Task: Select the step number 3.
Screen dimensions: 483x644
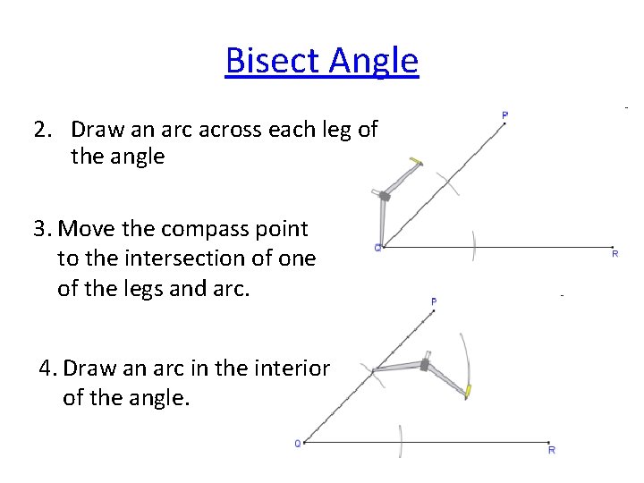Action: click(42, 229)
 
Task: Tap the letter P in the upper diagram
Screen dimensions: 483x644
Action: click(505, 114)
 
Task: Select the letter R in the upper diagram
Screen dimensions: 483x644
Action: click(614, 254)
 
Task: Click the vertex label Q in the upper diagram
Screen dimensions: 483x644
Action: click(377, 248)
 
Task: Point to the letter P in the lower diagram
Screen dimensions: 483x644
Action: click(434, 302)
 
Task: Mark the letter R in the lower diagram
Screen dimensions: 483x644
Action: click(552, 450)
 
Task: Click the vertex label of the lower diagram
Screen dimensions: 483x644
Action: click(299, 443)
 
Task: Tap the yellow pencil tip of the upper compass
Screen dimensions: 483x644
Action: click(415, 162)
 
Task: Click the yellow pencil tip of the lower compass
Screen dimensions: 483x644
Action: click(466, 391)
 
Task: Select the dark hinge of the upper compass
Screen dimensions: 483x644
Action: click(385, 195)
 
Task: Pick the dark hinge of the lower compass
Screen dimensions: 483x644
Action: click(423, 365)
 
